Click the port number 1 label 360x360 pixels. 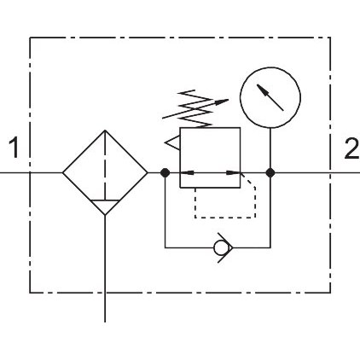(14, 148)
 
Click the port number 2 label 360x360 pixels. (351, 148)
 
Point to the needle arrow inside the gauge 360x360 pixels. (270, 97)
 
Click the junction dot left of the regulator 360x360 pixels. (165, 172)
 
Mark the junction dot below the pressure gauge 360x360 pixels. (270, 172)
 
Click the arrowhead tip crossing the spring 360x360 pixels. (229, 100)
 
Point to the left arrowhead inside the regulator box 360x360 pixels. (188, 172)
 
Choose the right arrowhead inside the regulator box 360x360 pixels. (233, 172)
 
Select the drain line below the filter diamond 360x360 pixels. (105, 269)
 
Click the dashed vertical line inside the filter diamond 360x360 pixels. (105, 165)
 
